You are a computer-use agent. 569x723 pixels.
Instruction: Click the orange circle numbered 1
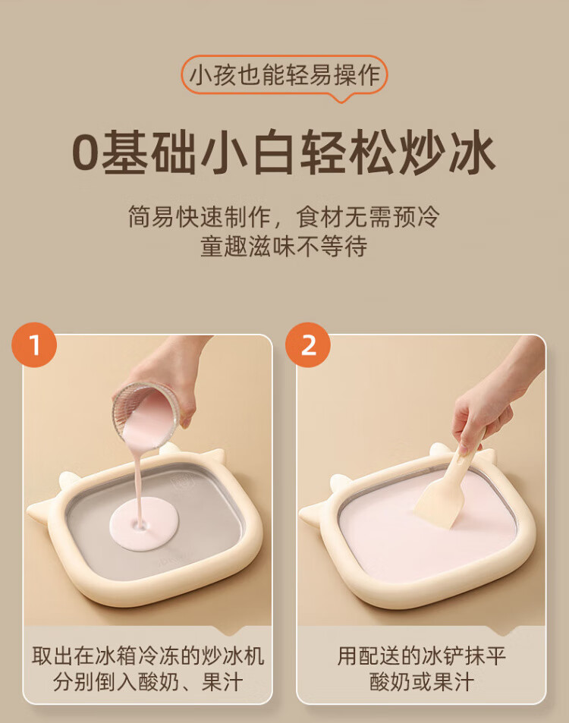[35, 345]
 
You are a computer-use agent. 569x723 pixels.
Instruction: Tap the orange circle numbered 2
[308, 345]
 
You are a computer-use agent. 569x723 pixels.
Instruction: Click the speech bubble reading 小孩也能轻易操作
[284, 77]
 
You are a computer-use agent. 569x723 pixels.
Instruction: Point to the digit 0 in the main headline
[86, 153]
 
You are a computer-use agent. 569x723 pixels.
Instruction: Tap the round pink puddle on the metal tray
[143, 523]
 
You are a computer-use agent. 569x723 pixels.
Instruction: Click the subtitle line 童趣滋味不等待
[284, 247]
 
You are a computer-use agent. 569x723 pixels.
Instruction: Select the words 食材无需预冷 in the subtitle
[368, 217]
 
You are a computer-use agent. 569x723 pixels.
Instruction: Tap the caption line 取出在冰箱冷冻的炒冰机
[148, 655]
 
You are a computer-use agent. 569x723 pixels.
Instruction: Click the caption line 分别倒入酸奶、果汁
[147, 682]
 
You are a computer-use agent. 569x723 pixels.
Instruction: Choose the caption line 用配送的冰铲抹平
[422, 655]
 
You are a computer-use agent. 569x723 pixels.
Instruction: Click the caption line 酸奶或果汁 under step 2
[422, 682]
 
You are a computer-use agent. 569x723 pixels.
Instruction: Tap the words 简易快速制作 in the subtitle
[200, 217]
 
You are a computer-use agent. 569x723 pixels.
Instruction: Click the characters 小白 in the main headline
[248, 153]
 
